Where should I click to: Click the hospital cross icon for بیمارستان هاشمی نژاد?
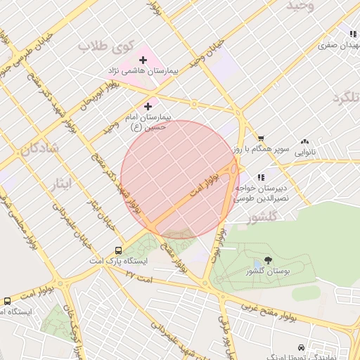click(143, 60)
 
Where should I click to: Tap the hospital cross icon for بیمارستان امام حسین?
click(148, 106)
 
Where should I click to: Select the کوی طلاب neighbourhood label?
click(105, 46)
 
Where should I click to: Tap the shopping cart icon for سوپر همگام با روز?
click(261, 139)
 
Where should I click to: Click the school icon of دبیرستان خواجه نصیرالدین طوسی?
click(261, 177)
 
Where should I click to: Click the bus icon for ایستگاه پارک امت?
click(118, 250)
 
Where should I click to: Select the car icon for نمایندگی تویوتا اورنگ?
click(301, 347)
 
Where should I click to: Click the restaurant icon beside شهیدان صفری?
click(352, 34)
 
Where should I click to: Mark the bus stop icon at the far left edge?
click(7, 300)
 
